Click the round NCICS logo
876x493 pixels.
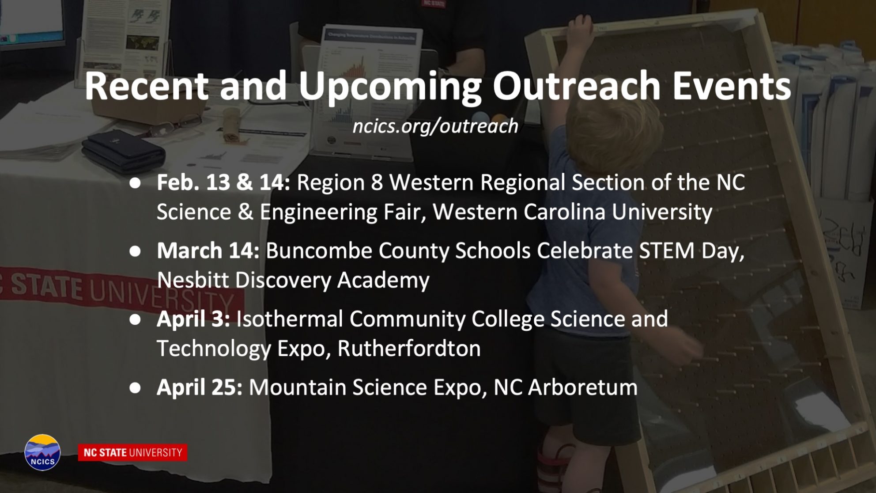pyautogui.click(x=42, y=452)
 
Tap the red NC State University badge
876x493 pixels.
pyautogui.click(x=132, y=452)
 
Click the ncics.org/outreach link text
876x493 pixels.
pyautogui.click(x=435, y=126)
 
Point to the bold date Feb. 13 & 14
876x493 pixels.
pyautogui.click(x=223, y=182)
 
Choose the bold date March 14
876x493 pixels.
pyautogui.click(x=208, y=250)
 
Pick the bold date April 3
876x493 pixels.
pyautogui.click(x=193, y=319)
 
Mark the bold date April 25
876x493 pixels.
pyautogui.click(x=200, y=387)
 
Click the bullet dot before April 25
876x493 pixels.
pyautogui.click(x=135, y=388)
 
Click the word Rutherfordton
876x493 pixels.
pyautogui.click(x=409, y=348)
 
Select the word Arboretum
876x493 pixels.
pyautogui.click(x=583, y=387)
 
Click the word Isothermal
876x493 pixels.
pyautogui.click(x=290, y=319)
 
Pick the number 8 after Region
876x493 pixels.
pyautogui.click(x=377, y=182)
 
